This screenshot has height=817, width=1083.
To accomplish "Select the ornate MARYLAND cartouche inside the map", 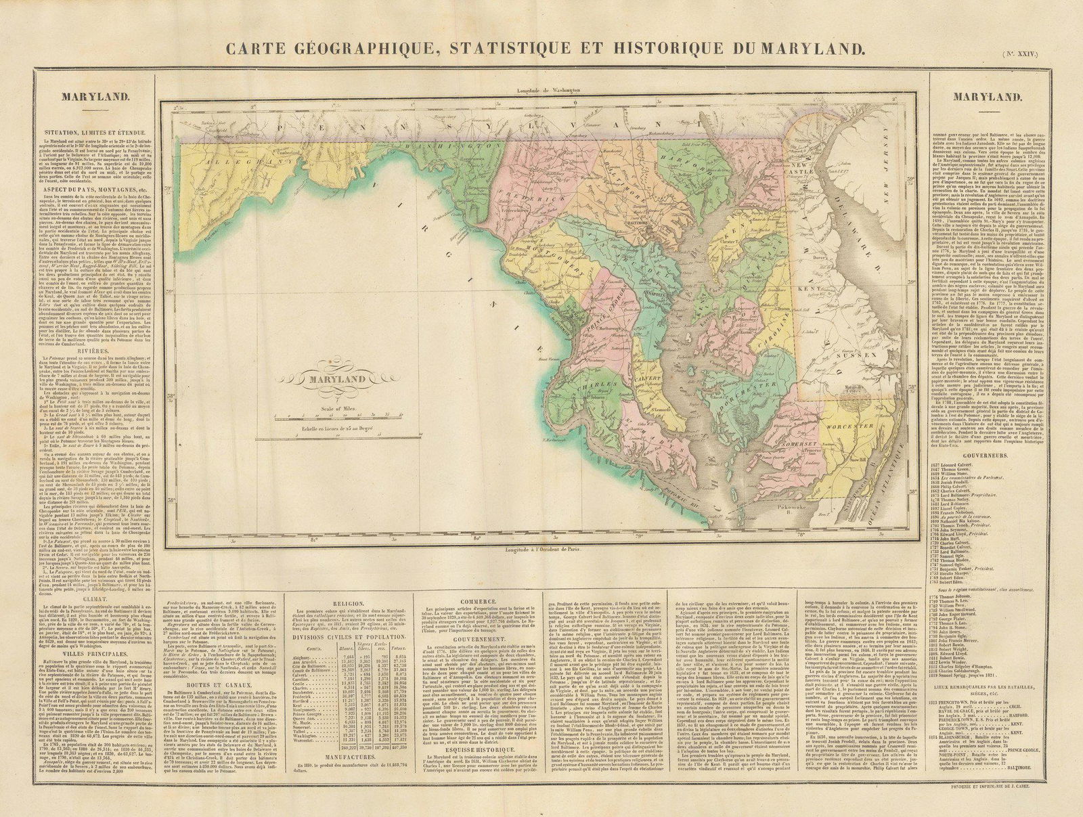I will (345, 379).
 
